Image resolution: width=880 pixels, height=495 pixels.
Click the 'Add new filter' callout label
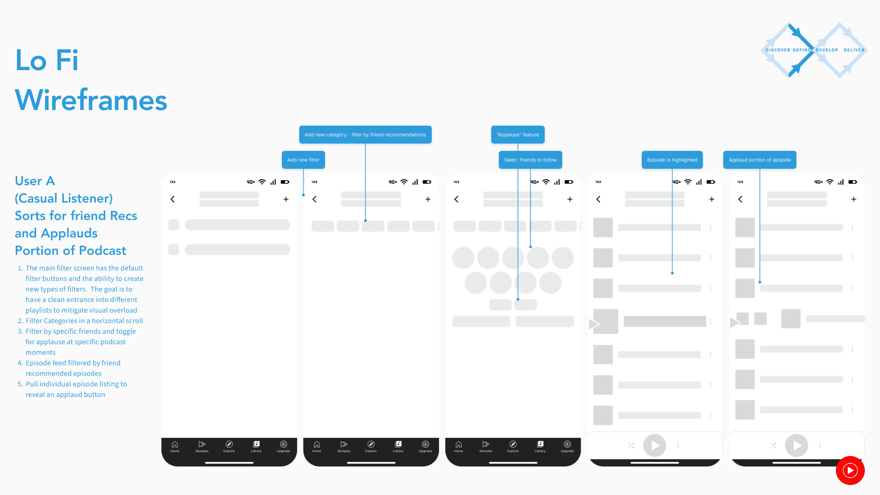click(x=303, y=160)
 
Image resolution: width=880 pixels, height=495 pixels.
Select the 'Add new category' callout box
click(x=365, y=135)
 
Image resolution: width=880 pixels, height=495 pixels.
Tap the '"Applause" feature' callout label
click(x=517, y=135)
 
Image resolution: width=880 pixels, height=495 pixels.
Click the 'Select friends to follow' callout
click(x=530, y=160)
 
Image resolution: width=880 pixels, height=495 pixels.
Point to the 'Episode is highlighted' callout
click(x=671, y=160)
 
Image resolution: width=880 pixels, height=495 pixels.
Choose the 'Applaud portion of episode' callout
click(x=759, y=160)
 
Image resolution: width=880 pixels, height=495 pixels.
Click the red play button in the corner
click(x=850, y=470)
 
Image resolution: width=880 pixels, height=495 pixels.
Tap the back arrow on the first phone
click(x=173, y=199)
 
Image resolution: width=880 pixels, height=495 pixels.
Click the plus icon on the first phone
click(x=286, y=199)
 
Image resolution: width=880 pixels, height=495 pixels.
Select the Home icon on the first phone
click(x=175, y=445)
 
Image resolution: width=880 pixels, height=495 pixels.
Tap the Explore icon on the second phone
click(x=371, y=445)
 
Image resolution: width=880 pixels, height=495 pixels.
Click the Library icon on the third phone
click(x=540, y=445)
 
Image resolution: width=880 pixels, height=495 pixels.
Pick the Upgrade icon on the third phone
click(x=567, y=445)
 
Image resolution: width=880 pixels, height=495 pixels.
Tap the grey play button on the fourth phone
click(x=654, y=445)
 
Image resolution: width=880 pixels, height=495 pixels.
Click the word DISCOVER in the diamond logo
click(x=778, y=50)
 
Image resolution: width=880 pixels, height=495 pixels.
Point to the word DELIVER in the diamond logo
click(x=854, y=50)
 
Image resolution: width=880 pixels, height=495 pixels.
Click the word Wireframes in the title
click(x=91, y=100)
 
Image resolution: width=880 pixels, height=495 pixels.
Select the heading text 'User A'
click(x=35, y=181)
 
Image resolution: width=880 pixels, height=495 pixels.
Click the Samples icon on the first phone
click(x=202, y=445)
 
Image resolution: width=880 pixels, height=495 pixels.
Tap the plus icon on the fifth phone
click(x=853, y=199)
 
